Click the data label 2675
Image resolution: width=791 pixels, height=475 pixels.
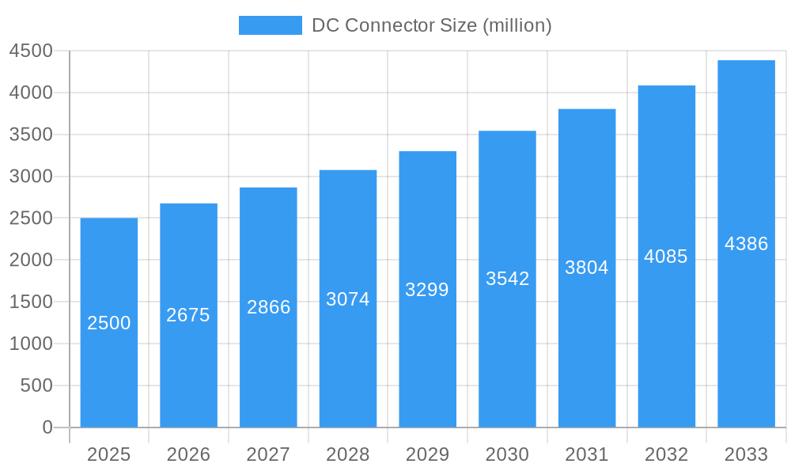[x=188, y=315]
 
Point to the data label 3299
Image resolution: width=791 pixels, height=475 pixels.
[x=427, y=290]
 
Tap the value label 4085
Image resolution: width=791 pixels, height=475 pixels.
[x=666, y=256]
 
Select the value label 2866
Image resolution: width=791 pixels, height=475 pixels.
[x=269, y=307]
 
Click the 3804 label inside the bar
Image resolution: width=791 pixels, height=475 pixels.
[x=587, y=268]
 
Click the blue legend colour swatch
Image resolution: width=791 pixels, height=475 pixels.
[x=271, y=25]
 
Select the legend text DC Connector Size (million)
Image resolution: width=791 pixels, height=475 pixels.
[x=432, y=25]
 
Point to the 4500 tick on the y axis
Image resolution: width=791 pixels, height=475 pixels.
[x=31, y=51]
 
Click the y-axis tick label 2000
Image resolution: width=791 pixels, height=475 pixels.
[x=31, y=260]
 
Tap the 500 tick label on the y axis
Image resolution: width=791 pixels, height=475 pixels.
[x=36, y=386]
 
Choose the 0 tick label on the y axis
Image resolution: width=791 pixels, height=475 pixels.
[x=47, y=427]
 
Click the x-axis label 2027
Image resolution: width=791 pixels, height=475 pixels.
[x=268, y=455]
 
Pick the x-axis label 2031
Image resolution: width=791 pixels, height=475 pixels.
[x=587, y=455]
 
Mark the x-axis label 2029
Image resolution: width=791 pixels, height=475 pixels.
[x=427, y=455]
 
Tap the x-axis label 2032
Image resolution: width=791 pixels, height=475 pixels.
[x=666, y=455]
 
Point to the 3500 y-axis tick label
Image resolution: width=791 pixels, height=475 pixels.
[x=31, y=135]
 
